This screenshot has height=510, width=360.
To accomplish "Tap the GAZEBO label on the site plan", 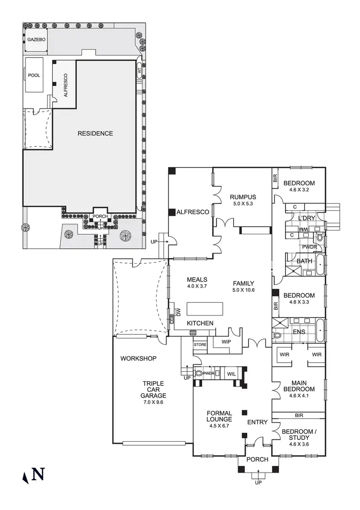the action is tap(36, 39).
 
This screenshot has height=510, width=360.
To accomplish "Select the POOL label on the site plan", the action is tap(34, 75).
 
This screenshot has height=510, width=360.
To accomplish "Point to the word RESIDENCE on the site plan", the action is tap(95, 133).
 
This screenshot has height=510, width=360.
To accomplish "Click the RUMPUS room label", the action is tap(242, 197).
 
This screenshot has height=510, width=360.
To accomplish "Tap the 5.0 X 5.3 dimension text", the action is tap(242, 204).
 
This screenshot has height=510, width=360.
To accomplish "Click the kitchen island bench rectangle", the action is tap(205, 307).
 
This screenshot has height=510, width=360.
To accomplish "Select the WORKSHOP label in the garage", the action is tap(138, 358).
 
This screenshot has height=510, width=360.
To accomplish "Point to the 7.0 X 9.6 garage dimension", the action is tap(153, 402).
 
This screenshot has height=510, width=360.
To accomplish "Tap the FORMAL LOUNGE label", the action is tap(219, 416).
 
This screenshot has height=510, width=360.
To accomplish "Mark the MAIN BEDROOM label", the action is tap(299, 386).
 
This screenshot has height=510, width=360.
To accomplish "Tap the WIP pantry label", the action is tap(226, 341).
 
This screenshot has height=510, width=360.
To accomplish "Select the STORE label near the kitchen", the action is tap(200, 345).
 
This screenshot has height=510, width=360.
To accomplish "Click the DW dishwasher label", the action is tap(178, 313).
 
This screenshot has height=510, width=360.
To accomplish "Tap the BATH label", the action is tap(304, 261).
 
